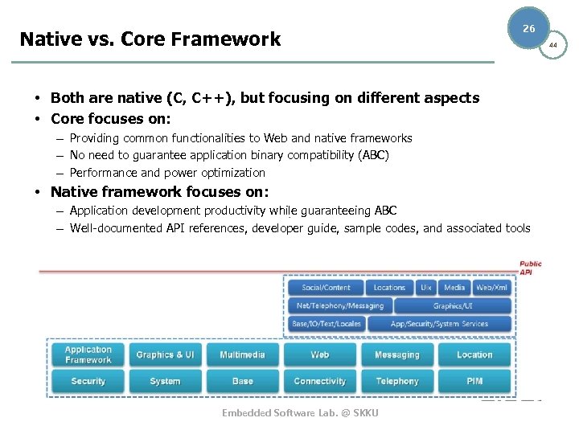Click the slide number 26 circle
(528, 28)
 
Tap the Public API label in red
(530, 268)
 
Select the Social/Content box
(326, 287)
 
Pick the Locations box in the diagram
(389, 287)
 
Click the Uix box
(426, 287)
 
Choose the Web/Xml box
(491, 287)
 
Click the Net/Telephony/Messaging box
(340, 305)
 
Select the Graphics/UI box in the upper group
(453, 305)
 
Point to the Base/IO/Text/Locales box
(326, 324)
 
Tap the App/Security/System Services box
(439, 324)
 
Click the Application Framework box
(88, 354)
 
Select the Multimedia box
(242, 354)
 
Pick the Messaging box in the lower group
(397, 354)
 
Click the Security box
(88, 381)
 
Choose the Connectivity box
(319, 381)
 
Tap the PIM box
(474, 381)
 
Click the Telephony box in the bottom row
(397, 381)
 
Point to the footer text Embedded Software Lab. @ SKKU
(300, 412)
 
